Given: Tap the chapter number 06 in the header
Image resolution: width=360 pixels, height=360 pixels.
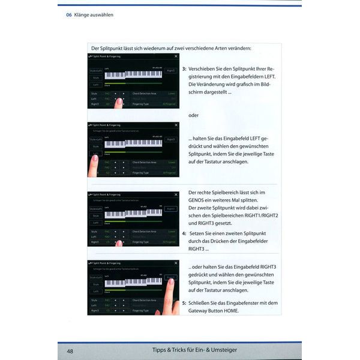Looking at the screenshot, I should [x=69, y=14].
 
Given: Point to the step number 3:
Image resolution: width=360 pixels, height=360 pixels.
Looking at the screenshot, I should [x=184, y=69].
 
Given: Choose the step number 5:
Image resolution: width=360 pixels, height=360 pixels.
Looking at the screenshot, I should [x=184, y=303].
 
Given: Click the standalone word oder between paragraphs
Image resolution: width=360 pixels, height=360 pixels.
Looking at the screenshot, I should [x=193, y=115].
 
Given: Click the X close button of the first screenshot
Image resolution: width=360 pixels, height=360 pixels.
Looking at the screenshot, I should [x=176, y=56].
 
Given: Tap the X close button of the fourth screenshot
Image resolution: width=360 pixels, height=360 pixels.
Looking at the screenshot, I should [x=176, y=263].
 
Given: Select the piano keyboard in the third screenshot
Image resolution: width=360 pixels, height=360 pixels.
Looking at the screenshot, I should [x=133, y=213].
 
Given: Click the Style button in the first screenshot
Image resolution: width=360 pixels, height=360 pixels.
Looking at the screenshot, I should [x=95, y=77].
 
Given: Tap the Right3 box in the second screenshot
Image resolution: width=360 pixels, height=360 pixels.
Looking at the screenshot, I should [x=171, y=139].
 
